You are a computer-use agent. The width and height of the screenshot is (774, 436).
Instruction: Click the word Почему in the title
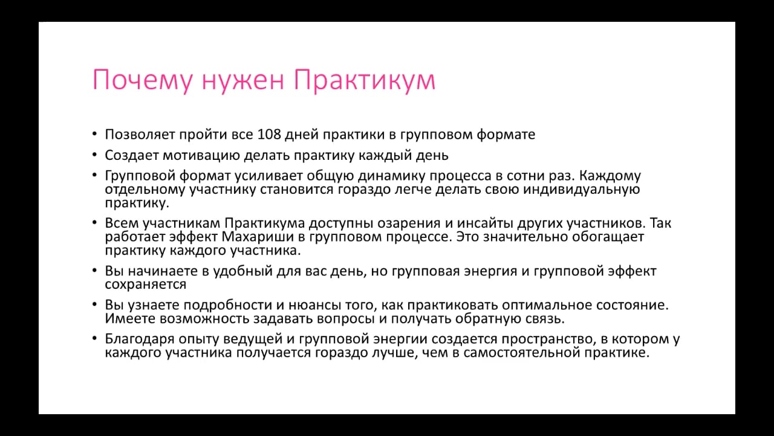142,81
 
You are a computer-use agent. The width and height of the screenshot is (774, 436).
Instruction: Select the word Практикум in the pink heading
365,81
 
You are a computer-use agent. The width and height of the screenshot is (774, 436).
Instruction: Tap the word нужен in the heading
243,81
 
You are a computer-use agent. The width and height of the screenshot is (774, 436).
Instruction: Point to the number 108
269,134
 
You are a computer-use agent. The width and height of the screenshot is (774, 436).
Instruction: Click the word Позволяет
140,134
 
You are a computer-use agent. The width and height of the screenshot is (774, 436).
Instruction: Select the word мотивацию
201,156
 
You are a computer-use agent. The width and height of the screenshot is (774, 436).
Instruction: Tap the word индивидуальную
582,190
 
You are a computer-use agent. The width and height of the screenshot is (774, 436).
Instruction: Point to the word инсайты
485,223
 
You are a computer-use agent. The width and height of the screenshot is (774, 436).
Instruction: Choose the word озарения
409,223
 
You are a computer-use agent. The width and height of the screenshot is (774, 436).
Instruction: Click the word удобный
243,271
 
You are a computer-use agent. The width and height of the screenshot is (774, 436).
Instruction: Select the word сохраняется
146,285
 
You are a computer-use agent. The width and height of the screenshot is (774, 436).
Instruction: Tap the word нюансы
315,305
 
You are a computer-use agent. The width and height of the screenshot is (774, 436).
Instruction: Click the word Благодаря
140,339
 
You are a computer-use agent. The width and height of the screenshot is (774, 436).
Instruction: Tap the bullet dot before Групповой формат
95,175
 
